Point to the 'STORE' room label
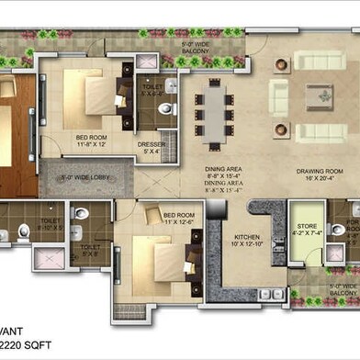pos(304,230)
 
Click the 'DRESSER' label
pos(151,146)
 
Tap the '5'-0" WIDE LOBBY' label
pos(85,177)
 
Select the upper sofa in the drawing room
pos(317,62)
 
